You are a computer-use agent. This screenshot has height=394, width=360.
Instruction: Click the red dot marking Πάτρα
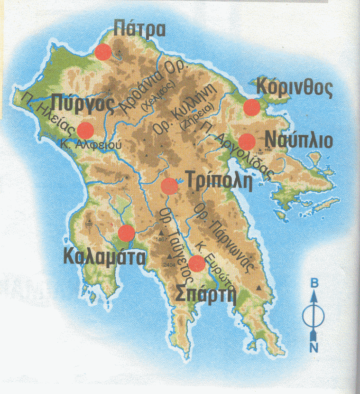click(103, 52)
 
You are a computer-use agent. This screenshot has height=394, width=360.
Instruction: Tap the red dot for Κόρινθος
click(252, 108)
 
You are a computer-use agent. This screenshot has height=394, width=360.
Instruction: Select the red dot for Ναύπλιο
click(247, 141)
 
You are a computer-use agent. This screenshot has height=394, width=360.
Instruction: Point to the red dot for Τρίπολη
click(169, 186)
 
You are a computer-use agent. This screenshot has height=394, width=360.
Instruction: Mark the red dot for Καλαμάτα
click(126, 233)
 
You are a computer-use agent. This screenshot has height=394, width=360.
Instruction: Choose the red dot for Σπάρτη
click(196, 263)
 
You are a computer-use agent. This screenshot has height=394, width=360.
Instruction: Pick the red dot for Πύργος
click(86, 130)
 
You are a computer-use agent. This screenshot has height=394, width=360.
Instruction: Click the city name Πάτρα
click(140, 29)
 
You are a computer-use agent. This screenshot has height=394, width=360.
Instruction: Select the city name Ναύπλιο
click(299, 141)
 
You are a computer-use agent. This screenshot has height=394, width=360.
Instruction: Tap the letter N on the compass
click(314, 347)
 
